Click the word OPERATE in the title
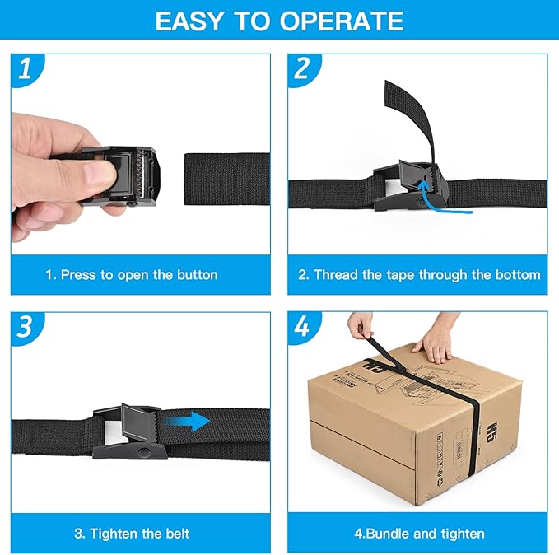[342, 21]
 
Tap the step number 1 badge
[25, 70]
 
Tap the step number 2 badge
[302, 70]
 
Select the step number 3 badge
[25, 327]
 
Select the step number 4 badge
[302, 327]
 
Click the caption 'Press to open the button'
[132, 274]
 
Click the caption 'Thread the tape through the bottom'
[419, 274]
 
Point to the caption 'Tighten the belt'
[132, 533]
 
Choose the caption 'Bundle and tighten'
[419, 533]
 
